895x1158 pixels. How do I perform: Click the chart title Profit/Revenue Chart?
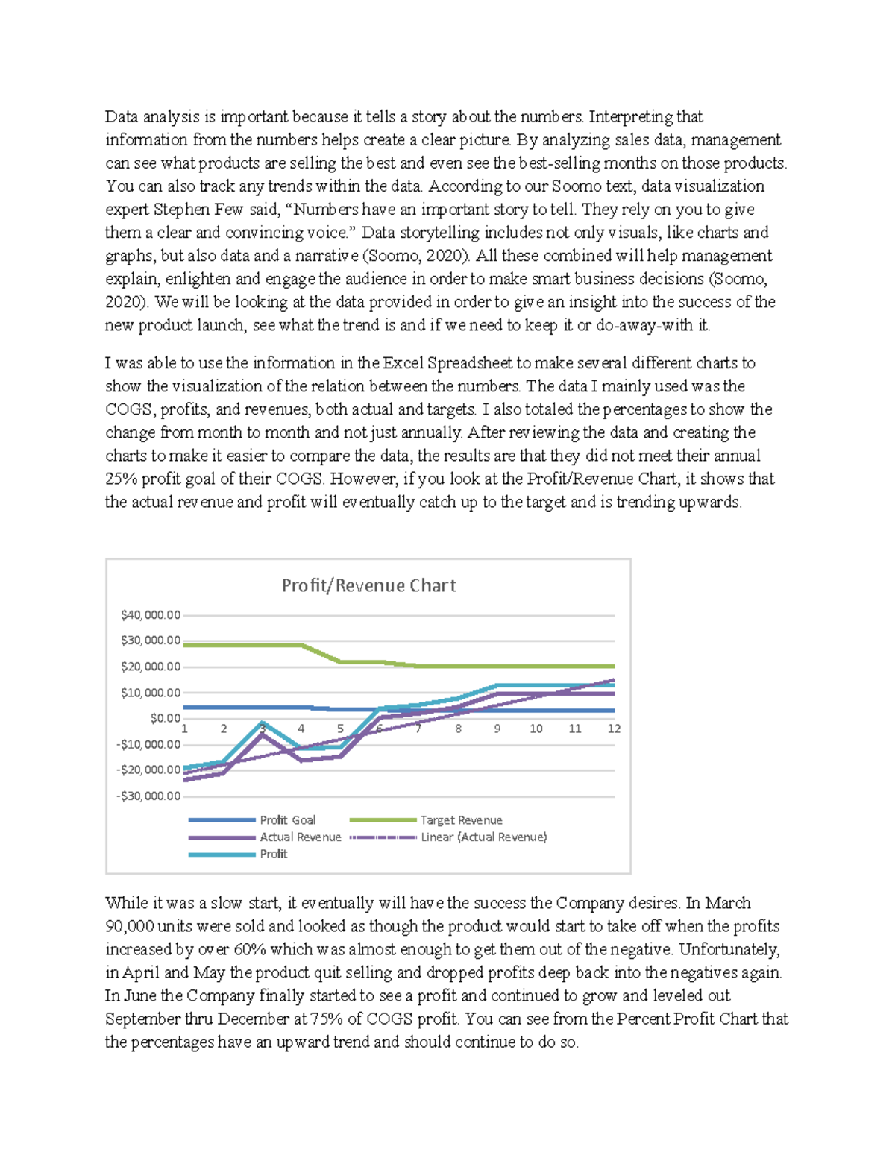(x=368, y=586)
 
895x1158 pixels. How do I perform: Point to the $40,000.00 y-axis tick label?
(x=150, y=615)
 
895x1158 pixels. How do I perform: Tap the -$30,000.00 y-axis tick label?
(x=148, y=796)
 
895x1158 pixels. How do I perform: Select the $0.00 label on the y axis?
(x=165, y=718)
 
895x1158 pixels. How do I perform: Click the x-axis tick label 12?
(x=614, y=729)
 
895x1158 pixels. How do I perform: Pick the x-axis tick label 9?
(x=497, y=729)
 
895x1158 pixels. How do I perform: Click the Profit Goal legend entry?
(x=287, y=820)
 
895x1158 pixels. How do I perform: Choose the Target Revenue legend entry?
(x=461, y=820)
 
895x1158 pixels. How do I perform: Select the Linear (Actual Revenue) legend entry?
(x=483, y=837)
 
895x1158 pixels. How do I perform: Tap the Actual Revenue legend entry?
(x=300, y=837)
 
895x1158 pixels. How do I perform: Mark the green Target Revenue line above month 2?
(x=224, y=645)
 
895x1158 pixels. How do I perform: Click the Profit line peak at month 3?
(x=263, y=723)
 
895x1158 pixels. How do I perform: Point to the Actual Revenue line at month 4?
(x=301, y=760)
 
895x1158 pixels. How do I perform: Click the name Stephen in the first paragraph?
(x=182, y=210)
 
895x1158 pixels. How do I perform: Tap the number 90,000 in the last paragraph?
(x=130, y=927)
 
